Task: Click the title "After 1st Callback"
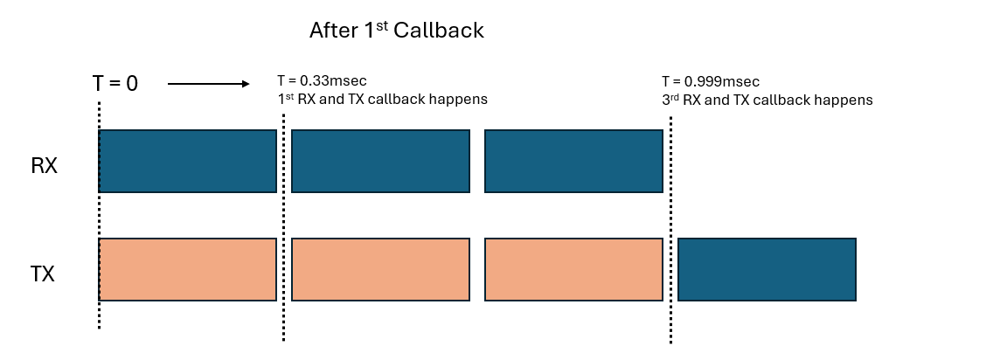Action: pyautogui.click(x=396, y=30)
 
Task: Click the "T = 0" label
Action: pyautogui.click(x=115, y=83)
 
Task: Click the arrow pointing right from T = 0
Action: pyautogui.click(x=209, y=83)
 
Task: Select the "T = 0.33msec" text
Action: pyautogui.click(x=322, y=81)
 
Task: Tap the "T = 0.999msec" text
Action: pyautogui.click(x=711, y=81)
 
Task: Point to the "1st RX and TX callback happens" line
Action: pyautogui.click(x=382, y=100)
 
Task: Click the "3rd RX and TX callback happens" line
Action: pyautogui.click(x=767, y=100)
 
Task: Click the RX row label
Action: pyautogui.click(x=45, y=165)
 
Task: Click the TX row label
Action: pyautogui.click(x=43, y=274)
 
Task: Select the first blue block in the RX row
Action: pyautogui.click(x=188, y=161)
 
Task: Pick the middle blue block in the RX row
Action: pyautogui.click(x=380, y=161)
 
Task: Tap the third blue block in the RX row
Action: pyautogui.click(x=573, y=161)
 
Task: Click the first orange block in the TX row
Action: pyautogui.click(x=188, y=269)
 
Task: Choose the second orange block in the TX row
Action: pyautogui.click(x=380, y=269)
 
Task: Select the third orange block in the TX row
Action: pyautogui.click(x=573, y=269)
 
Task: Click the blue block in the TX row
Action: pyautogui.click(x=767, y=269)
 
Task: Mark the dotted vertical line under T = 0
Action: pyautogui.click(x=99, y=215)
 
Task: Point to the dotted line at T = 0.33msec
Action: pyautogui.click(x=283, y=227)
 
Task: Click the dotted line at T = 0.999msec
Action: pyautogui.click(x=670, y=230)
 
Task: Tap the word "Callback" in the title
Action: pyautogui.click(x=439, y=31)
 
